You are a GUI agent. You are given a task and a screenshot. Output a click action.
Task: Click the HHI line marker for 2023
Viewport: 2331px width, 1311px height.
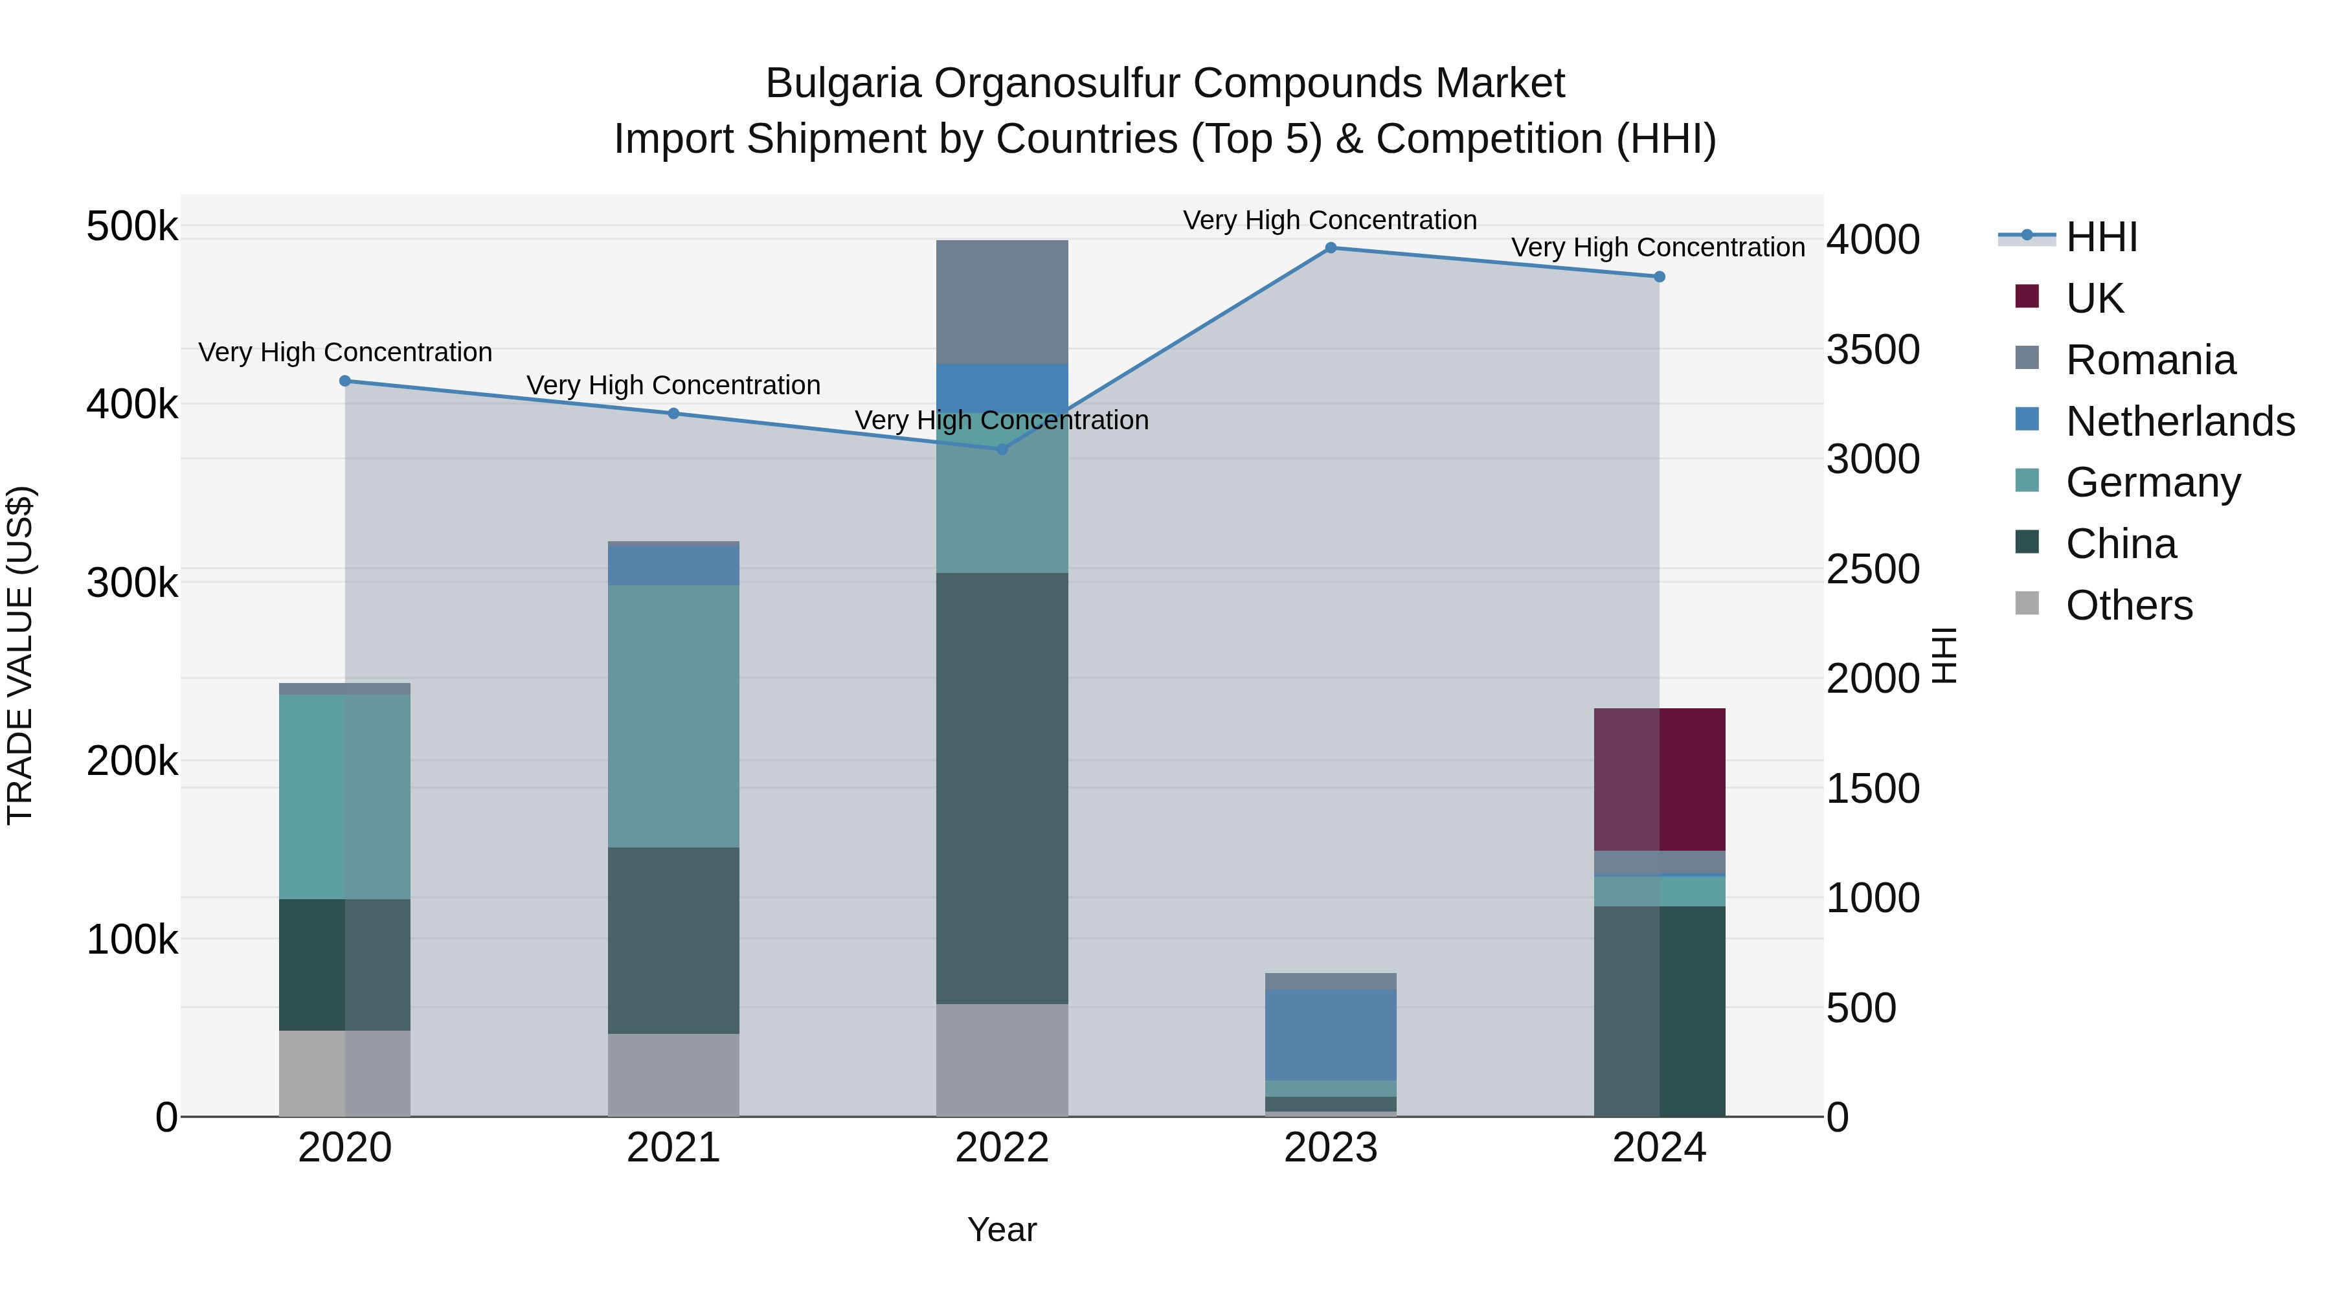tap(1330, 248)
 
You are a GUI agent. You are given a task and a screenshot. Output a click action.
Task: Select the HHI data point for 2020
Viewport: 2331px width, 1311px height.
tap(344, 381)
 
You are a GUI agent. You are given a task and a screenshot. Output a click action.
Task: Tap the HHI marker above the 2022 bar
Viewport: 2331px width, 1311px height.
tap(1002, 449)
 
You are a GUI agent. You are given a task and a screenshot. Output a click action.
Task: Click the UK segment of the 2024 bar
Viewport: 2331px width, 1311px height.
tap(1659, 779)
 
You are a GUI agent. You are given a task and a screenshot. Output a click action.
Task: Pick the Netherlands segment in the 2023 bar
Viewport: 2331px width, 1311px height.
tap(1330, 1035)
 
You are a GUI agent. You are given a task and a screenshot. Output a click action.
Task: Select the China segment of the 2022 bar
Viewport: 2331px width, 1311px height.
tap(1002, 787)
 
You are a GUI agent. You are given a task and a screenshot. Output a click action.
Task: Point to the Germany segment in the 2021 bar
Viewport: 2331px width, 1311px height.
tap(673, 715)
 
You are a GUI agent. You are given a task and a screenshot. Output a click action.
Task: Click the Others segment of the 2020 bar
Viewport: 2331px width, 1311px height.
tap(344, 1073)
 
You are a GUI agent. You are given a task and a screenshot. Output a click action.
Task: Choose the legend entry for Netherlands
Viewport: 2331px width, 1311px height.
tap(2180, 421)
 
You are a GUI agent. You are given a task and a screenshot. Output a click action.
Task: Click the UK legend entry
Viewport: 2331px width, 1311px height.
tap(2094, 298)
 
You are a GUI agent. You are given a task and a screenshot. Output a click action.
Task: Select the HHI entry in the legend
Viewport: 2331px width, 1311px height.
tap(2101, 237)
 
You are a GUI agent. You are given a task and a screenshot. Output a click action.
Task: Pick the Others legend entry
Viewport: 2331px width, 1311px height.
tap(2128, 605)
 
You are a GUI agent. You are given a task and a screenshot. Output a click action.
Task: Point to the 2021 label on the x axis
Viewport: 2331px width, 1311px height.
tap(673, 1148)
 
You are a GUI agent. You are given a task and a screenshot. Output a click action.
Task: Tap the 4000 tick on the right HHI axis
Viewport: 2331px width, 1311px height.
tap(1872, 240)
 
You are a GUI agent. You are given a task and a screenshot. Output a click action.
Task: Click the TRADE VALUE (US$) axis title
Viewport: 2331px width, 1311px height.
tap(20, 655)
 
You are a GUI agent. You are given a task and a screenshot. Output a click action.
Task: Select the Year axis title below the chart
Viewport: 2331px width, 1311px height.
tap(1002, 1229)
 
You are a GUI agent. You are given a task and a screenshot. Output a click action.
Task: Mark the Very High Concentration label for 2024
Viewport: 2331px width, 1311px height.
tap(1658, 247)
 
